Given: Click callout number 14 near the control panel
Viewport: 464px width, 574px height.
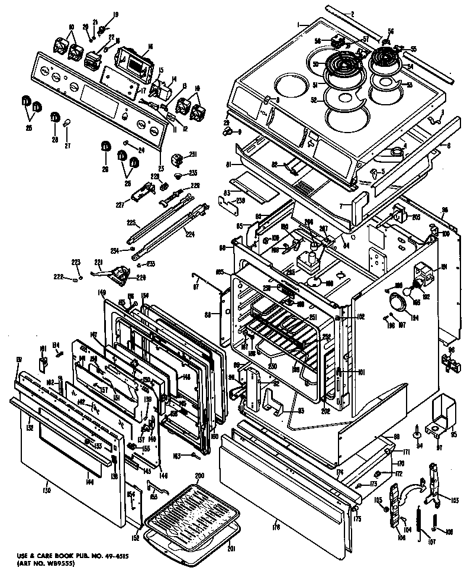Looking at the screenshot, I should [173, 79].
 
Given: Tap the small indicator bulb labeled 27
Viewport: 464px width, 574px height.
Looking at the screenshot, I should [67, 123].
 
